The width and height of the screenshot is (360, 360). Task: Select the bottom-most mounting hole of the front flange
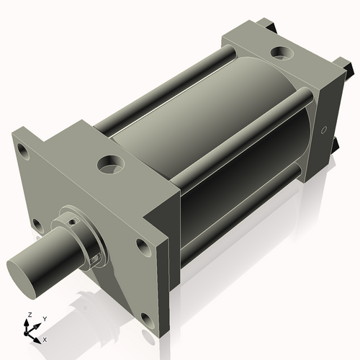[147, 318]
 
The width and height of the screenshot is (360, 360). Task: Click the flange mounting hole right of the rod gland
[143, 248]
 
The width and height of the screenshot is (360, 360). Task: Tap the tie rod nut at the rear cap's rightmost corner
[348, 68]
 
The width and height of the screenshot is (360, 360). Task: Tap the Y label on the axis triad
[44, 318]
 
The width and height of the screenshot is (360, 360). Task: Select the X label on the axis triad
[45, 338]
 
